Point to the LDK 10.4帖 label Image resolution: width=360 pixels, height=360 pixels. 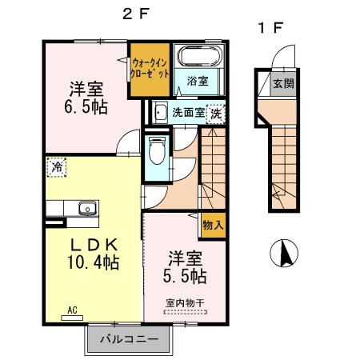(92, 253)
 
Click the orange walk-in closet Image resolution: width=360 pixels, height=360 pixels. (150, 69)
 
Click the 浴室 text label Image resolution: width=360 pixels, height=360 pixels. (198, 81)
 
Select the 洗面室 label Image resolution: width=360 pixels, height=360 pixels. (189, 113)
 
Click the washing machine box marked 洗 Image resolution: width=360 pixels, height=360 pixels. (216, 114)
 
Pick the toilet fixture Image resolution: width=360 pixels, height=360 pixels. (156, 150)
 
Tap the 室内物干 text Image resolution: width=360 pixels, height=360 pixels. (185, 302)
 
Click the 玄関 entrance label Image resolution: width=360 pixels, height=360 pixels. (281, 82)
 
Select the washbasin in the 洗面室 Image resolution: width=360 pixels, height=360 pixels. (159, 113)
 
